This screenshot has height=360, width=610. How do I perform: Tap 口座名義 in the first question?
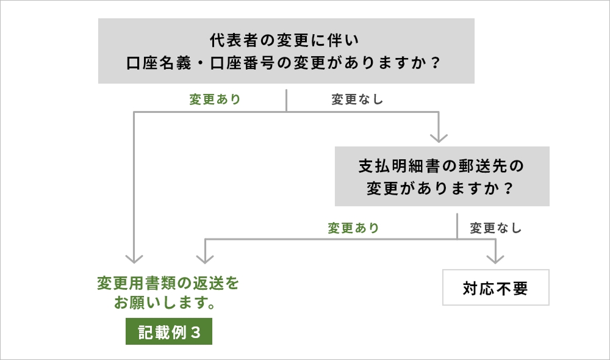(x=155, y=63)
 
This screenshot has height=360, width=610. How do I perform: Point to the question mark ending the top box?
(x=434, y=63)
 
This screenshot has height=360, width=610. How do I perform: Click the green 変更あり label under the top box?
(x=215, y=99)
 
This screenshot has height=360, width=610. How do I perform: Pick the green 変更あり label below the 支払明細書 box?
(x=353, y=228)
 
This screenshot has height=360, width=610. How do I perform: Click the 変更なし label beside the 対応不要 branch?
(x=496, y=228)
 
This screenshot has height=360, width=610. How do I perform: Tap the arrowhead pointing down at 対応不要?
(x=495, y=257)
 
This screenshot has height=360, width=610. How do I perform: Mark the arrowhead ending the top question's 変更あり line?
(x=135, y=257)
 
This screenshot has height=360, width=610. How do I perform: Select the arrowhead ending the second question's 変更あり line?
(x=204, y=257)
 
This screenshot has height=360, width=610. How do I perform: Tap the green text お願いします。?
(x=167, y=303)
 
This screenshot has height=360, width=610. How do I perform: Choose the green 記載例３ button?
(x=169, y=333)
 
